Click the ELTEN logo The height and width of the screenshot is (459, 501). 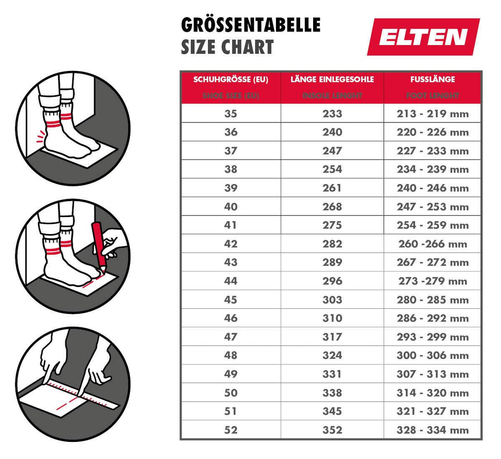[x=423, y=37]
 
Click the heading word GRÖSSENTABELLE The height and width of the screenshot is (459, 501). [x=250, y=25]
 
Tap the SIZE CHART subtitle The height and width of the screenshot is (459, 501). [x=227, y=47]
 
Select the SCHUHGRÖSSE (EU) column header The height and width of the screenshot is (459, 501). [x=231, y=79]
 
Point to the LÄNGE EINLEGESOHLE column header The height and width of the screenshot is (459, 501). [x=332, y=79]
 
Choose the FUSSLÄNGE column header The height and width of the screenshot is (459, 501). [x=432, y=79]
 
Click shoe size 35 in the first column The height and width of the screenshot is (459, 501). [x=231, y=114]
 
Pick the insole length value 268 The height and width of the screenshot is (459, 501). [x=332, y=207]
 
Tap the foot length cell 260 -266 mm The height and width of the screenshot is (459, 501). [x=432, y=244]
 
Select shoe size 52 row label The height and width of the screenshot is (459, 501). [x=231, y=430]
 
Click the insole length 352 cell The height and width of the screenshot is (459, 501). [x=332, y=430]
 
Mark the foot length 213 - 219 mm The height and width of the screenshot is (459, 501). [x=432, y=114]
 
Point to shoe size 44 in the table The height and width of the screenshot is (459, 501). [x=231, y=281]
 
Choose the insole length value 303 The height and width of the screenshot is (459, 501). [x=332, y=300]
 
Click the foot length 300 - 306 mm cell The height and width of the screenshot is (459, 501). [x=432, y=356]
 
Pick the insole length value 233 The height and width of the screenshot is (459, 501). [x=332, y=114]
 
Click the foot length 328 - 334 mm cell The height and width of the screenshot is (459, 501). [x=432, y=430]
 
